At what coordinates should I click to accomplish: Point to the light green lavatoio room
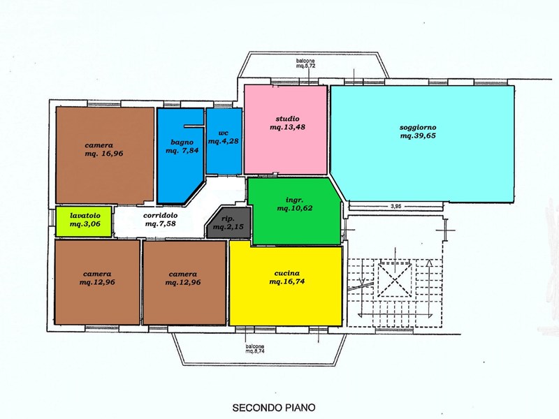(83, 221)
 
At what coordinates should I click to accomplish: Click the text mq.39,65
(418, 137)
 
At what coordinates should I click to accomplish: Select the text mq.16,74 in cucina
(286, 281)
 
